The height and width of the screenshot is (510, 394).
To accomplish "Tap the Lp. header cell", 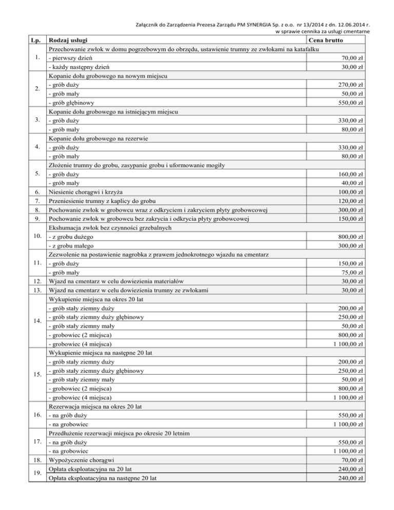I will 35,41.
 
